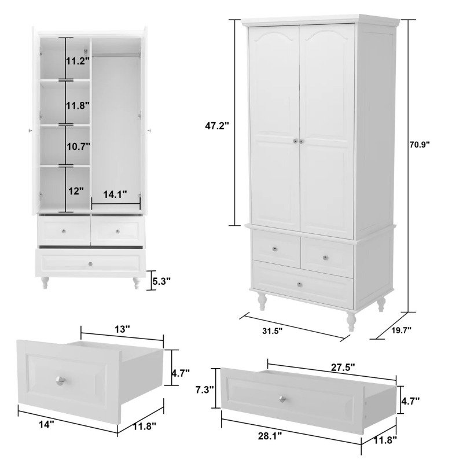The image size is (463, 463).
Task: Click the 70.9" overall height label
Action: pos(419,145)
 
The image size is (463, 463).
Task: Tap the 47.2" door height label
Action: pos(217,126)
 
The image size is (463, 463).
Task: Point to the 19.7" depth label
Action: pos(402,330)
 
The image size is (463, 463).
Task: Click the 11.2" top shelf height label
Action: pos(78,61)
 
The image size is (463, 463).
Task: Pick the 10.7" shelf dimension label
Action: pos(78,146)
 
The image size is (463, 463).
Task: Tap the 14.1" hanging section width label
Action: pos(115,194)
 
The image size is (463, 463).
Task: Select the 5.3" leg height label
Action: pos(161,281)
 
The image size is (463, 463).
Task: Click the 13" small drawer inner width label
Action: pos(122,329)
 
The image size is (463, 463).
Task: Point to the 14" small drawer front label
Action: pos(47,425)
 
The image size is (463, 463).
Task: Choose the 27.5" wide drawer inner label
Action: pos(343,368)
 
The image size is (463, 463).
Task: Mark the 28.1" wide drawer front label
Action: pos(270,436)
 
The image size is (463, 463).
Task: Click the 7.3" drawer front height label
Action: pos(205,389)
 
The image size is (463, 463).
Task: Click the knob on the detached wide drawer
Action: pos(282,399)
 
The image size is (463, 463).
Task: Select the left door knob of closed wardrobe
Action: pos(295,141)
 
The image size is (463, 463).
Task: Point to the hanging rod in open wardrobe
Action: pos(116,54)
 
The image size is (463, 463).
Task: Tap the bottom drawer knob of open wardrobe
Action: pos(90,264)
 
